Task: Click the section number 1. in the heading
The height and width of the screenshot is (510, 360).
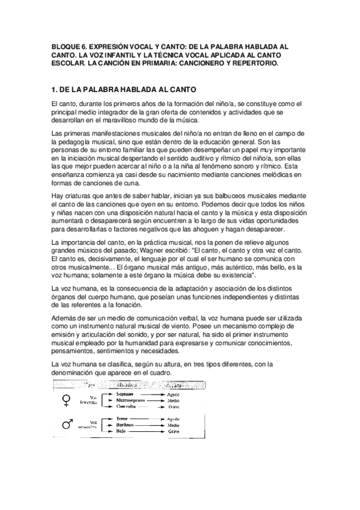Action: (x=55, y=90)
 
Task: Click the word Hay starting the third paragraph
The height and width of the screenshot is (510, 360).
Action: (x=59, y=196)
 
